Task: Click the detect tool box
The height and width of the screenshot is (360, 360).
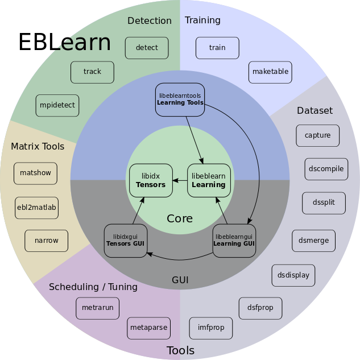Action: pos(147,48)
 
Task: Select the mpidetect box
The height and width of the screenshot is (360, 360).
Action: pos(57,105)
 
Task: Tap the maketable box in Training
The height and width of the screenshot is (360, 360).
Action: pos(270,72)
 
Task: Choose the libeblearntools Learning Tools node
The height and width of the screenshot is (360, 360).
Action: pos(180,100)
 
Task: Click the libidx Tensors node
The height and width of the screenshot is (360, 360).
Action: pos(151,180)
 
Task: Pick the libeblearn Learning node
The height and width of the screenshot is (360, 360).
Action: pos(209,180)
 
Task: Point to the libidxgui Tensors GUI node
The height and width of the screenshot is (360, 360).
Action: pos(126,241)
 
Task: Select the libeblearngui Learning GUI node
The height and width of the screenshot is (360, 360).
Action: pos(234,241)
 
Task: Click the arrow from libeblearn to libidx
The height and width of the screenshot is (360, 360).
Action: pos(180,180)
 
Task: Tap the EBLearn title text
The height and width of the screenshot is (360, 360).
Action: pos(65,42)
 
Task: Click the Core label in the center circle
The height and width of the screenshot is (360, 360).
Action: pos(180,218)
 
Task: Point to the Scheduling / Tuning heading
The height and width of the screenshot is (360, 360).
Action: pos(93,287)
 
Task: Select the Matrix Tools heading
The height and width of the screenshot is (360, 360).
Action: pos(38,147)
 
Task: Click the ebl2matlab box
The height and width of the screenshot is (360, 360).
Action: pos(37,208)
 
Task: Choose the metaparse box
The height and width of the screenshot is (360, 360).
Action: pos(149,328)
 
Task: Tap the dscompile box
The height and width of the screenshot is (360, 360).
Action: pos(326,169)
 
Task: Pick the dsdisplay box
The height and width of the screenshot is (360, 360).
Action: pos(293,275)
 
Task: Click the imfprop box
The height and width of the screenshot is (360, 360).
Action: pos(211,328)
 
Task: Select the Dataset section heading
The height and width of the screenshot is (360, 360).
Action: pos(315,110)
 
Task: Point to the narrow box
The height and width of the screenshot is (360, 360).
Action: pos(47,241)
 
